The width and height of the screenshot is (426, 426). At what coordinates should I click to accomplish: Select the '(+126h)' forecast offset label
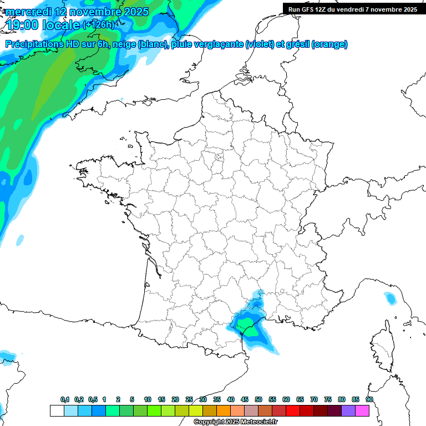click(x=99, y=25)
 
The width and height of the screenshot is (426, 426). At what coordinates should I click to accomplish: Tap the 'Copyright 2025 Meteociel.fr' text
click(x=235, y=422)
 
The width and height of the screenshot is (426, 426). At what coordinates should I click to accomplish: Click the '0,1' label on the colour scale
click(x=65, y=400)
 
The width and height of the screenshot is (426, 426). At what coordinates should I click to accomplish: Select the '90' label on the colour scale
click(x=369, y=400)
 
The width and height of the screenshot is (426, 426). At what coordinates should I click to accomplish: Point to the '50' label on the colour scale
click(x=258, y=400)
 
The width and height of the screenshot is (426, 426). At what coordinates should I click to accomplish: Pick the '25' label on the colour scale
click(x=189, y=400)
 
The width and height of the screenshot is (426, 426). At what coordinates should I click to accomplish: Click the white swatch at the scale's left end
click(x=57, y=410)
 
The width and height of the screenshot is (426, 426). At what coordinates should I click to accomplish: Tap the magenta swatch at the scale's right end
click(x=362, y=410)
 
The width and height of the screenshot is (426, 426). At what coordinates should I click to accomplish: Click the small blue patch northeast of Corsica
click(x=391, y=299)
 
